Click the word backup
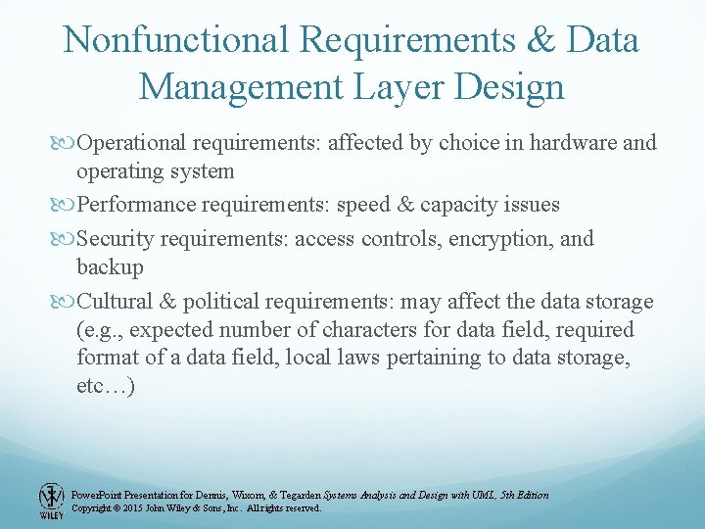(110, 266)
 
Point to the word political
(212, 301)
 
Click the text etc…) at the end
(106, 385)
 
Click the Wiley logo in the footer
(51, 501)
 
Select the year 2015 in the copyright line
(129, 508)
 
